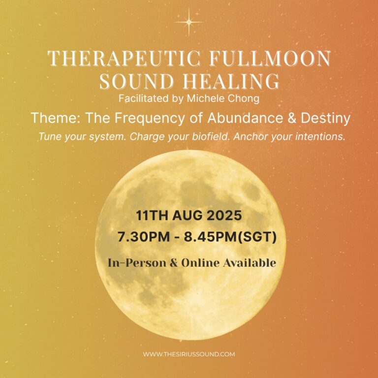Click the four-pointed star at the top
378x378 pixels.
point(189,22)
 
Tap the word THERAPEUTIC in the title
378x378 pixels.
point(124,58)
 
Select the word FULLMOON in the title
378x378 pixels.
point(270,58)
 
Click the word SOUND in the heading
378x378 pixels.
point(136,81)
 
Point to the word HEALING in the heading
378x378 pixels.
point(231,81)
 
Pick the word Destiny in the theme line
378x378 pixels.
point(326,118)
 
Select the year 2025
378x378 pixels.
point(224,215)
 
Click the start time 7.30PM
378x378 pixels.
point(144,237)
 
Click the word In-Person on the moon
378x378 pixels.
point(137,263)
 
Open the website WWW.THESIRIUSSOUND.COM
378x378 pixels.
point(189,354)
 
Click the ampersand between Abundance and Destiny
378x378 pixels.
point(291,118)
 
